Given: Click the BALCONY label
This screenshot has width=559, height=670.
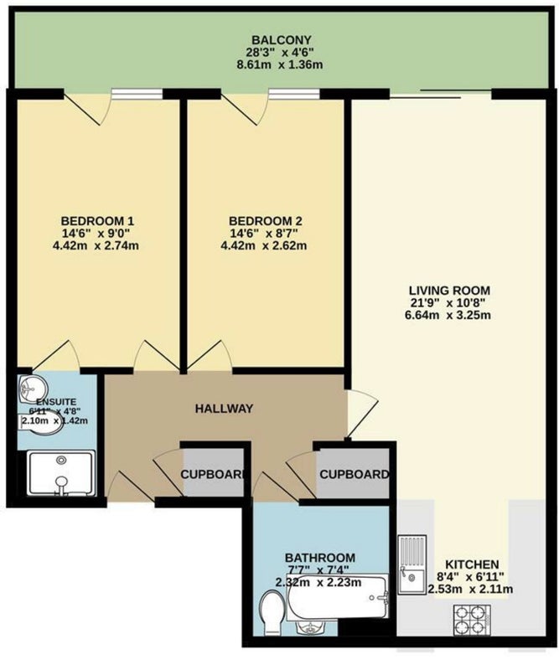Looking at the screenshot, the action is [281, 40].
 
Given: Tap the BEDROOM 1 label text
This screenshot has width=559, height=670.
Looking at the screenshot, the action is [97, 221].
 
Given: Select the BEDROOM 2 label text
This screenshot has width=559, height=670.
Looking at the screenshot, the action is [266, 221].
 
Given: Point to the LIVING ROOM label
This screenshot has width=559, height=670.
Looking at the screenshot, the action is [449, 291].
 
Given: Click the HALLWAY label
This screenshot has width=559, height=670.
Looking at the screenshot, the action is [224, 409].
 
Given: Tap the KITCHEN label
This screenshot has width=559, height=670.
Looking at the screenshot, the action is [472, 564].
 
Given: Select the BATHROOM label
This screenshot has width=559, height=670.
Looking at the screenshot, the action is [320, 558].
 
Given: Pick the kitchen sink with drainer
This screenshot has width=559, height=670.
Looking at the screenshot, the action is [412, 564].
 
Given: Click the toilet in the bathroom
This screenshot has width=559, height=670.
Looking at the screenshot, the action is [272, 612].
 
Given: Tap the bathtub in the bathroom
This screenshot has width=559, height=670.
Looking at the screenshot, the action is [338, 596].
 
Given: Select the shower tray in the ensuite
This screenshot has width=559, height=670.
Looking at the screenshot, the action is [61, 473].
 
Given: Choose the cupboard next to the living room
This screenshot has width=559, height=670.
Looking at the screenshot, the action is [353, 473].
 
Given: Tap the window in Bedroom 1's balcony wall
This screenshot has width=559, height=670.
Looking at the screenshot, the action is [137, 94].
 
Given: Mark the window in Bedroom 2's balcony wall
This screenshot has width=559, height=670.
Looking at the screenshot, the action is [294, 94].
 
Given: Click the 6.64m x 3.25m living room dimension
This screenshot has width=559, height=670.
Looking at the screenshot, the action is [448, 316].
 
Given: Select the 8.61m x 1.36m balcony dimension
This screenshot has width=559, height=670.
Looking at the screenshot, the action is [279, 65].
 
